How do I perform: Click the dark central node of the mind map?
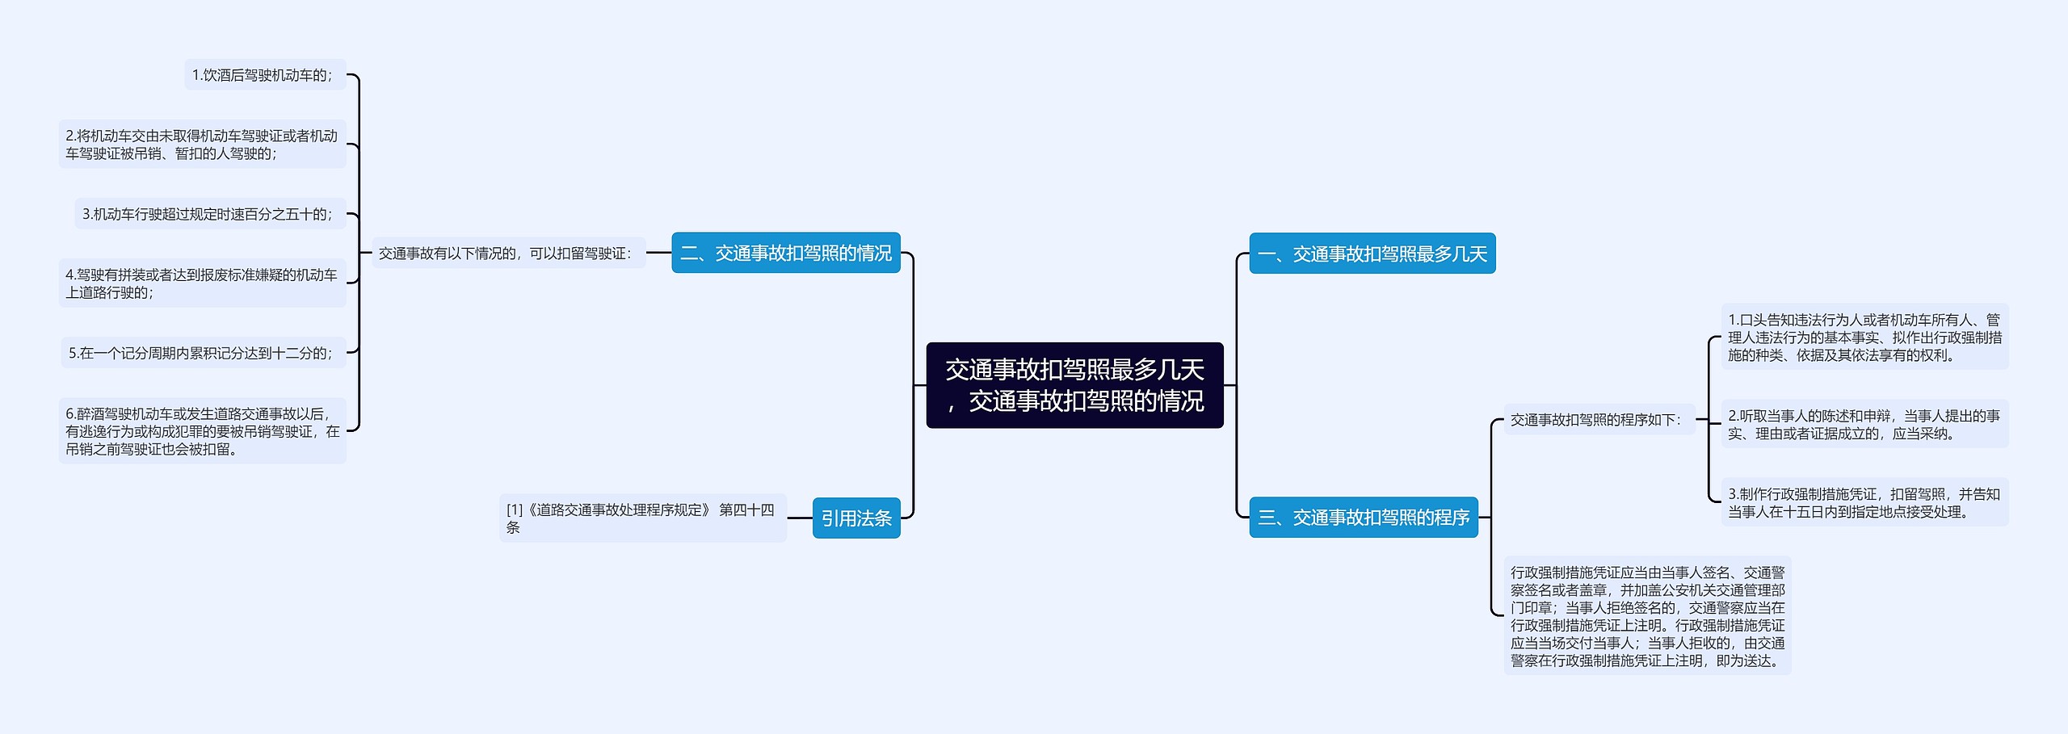pos(1074,385)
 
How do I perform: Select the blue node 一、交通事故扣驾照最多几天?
pos(1372,254)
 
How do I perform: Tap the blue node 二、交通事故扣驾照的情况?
pos(786,253)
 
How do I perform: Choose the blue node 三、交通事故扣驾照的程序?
pos(1364,517)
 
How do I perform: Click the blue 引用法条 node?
pos(856,518)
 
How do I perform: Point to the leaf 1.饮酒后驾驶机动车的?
pos(265,75)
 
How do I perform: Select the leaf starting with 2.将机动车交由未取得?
pos(202,145)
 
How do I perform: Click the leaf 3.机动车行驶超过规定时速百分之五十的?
pos(210,214)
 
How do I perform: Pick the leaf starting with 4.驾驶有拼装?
pos(202,283)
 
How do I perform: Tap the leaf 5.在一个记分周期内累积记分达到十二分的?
pos(204,353)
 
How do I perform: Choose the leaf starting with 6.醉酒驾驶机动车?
pos(202,431)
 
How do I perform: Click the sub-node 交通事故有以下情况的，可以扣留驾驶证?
pos(508,253)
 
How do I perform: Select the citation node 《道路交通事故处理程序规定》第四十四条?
pos(643,518)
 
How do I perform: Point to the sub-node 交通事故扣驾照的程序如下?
pos(1599,420)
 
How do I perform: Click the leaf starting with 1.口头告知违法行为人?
pos(1864,337)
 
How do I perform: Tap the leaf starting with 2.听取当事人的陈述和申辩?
pos(1864,424)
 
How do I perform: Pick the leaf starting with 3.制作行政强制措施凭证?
pos(1864,502)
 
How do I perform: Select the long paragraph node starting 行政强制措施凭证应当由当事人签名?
pos(1647,615)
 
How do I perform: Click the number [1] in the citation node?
pos(515,510)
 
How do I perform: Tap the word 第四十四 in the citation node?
pos(746,510)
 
